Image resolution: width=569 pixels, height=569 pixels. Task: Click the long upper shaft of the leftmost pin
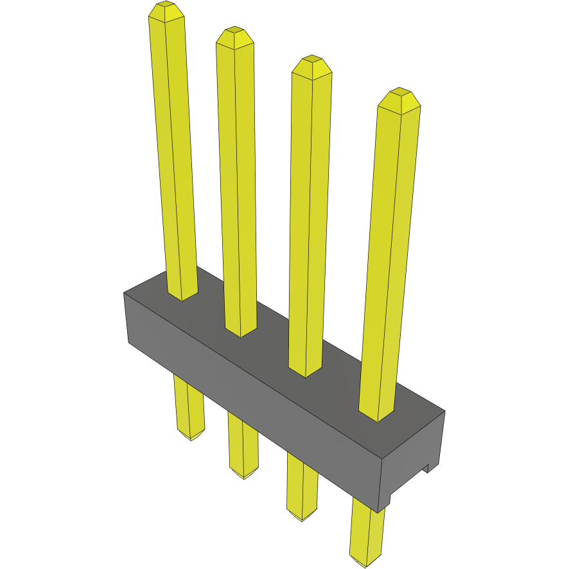coord(173,161)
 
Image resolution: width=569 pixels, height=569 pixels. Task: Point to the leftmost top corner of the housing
coord(124,293)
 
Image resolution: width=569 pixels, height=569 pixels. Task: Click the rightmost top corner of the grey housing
coord(444,411)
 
